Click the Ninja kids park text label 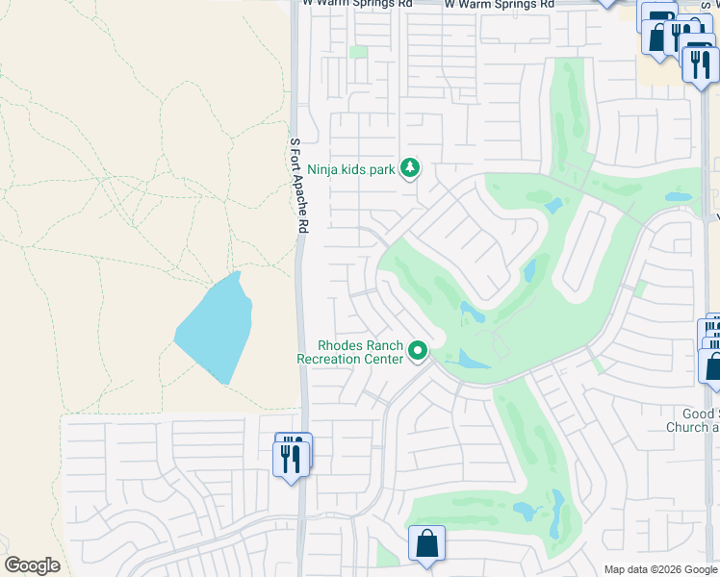[351, 170]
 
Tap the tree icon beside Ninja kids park [411, 169]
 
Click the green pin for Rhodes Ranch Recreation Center [418, 352]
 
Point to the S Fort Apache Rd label [299, 186]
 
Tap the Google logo [32, 565]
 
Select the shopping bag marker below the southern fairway [426, 544]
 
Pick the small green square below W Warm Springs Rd [358, 52]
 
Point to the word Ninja [325, 170]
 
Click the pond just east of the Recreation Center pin [473, 361]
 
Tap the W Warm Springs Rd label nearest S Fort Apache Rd [357, 4]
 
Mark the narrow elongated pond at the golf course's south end [557, 514]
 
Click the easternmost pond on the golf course [679, 197]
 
